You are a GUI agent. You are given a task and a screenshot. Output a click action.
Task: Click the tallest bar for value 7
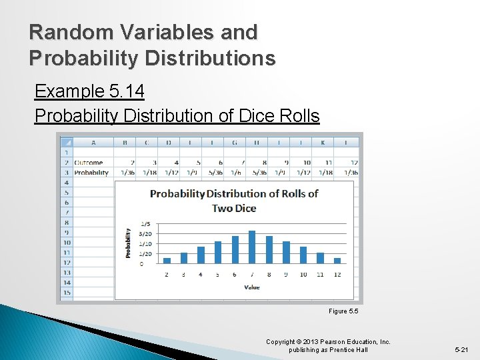point(251,247)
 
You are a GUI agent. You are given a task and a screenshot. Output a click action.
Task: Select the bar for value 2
point(167,260)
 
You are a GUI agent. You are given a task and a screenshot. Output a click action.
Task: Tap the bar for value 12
point(337,260)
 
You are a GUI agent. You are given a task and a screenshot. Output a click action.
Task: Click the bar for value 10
point(303,255)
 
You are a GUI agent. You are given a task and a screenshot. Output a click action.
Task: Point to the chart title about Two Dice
point(234,201)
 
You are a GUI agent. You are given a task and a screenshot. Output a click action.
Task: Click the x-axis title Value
point(251,287)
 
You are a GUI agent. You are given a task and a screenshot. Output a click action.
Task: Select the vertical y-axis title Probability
point(128,243)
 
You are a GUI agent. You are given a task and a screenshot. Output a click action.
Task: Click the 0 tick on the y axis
point(141,264)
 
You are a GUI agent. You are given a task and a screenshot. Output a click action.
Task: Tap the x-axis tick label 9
point(286,275)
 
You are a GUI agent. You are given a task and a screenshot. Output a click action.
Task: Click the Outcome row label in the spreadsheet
point(89,162)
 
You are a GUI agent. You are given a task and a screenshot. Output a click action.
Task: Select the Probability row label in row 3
point(91,172)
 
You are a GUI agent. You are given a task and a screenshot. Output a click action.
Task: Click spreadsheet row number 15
point(66,293)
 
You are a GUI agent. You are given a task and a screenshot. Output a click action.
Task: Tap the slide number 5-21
point(461,349)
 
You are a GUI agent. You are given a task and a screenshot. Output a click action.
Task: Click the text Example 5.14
point(89,91)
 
